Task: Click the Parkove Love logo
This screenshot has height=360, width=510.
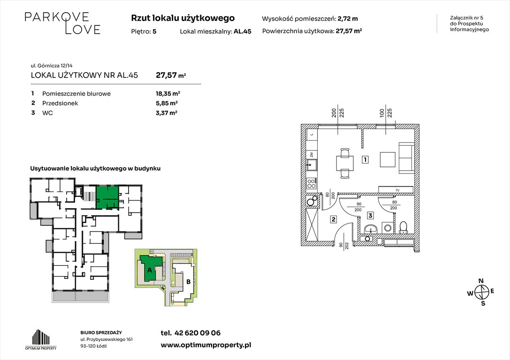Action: [62, 23]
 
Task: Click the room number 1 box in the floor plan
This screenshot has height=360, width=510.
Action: [365, 159]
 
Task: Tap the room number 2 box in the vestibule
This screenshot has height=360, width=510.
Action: [334, 220]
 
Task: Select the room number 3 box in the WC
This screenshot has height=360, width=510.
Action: [370, 215]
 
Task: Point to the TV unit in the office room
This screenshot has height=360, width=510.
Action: [396, 190]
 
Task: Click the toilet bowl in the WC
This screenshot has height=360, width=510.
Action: [403, 227]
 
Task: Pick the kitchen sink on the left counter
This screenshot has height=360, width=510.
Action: [312, 165]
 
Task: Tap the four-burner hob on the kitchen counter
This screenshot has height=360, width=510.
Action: [311, 184]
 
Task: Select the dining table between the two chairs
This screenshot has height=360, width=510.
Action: [345, 163]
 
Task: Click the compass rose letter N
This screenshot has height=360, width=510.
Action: [481, 281]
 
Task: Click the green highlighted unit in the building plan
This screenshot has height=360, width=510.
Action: [107, 197]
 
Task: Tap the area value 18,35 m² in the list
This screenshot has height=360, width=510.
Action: [168, 94]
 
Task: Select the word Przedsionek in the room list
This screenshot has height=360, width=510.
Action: [60, 103]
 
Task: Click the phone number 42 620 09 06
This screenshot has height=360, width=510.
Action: [198, 333]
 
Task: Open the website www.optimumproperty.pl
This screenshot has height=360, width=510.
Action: [206, 345]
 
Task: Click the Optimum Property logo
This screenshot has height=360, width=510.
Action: [41, 339]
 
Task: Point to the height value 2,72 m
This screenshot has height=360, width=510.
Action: [348, 19]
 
